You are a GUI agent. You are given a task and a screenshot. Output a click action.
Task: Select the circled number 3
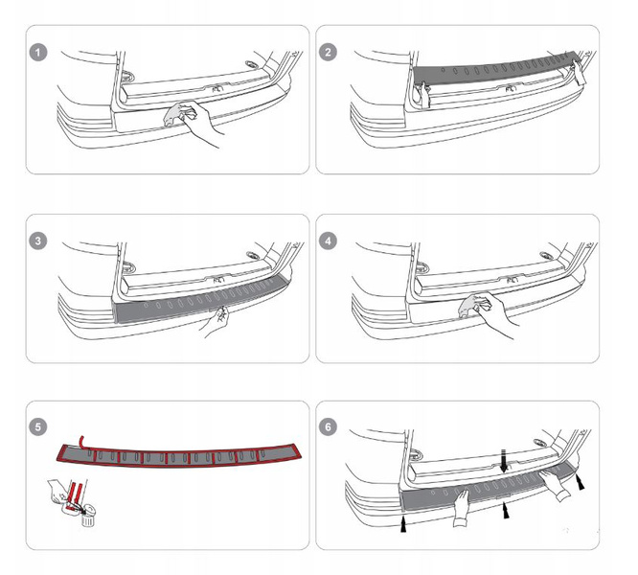point(38,241)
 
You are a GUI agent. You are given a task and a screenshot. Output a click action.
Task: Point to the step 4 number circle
point(330,241)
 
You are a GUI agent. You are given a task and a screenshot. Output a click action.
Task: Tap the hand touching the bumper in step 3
point(216,321)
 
